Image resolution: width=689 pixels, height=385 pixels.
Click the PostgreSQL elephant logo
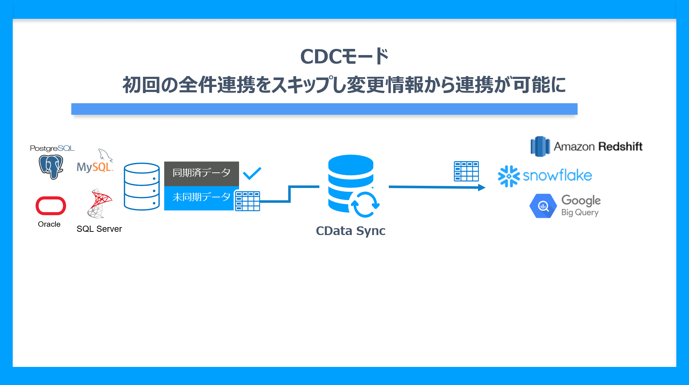(51, 167)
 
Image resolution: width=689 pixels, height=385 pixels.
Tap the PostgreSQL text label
(52, 148)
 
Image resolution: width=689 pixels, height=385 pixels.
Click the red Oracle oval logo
(51, 206)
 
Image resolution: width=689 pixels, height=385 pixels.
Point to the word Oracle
(49, 224)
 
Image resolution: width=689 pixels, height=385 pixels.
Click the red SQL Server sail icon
(100, 203)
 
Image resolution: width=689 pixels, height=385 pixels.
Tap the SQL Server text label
(99, 229)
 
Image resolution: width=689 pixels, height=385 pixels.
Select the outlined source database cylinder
(142, 186)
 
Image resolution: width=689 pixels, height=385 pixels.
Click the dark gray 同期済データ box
(201, 173)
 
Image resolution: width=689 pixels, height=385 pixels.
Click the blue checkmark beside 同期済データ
(252, 173)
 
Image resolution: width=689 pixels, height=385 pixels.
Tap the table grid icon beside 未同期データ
(247, 201)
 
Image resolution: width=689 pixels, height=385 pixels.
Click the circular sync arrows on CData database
(365, 204)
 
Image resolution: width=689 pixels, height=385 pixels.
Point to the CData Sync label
(350, 231)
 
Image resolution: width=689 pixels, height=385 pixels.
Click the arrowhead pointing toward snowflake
(481, 187)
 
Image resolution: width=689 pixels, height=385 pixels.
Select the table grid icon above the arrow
(466, 171)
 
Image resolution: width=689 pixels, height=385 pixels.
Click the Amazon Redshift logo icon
(540, 146)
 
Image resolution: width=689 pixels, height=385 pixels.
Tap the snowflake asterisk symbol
(509, 176)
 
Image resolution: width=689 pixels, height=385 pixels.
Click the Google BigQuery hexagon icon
(543, 206)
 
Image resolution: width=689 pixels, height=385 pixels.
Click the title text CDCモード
(344, 57)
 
